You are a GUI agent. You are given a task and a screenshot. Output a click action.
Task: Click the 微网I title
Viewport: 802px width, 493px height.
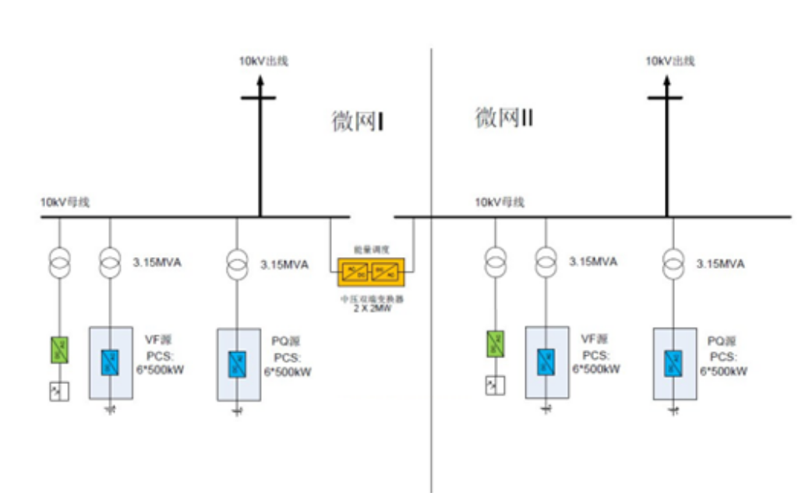(355, 121)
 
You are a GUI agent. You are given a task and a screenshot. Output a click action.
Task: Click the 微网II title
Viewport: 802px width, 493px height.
(503, 118)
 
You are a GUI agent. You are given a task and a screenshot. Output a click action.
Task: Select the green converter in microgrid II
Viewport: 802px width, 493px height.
(495, 343)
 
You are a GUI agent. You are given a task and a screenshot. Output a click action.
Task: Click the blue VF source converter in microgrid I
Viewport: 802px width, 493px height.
(109, 361)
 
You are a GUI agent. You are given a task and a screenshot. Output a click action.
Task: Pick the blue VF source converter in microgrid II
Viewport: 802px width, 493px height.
(546, 359)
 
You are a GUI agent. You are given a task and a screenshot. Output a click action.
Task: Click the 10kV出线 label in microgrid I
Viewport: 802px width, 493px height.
(263, 60)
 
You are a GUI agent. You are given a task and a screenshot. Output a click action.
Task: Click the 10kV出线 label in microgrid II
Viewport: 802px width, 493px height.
(670, 60)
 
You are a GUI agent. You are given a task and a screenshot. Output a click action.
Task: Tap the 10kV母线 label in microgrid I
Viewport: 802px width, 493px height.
(65, 202)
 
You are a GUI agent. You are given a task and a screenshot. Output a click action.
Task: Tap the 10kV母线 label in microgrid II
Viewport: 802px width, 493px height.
(500, 202)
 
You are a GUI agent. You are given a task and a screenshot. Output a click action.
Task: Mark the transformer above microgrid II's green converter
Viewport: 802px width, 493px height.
(495, 260)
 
